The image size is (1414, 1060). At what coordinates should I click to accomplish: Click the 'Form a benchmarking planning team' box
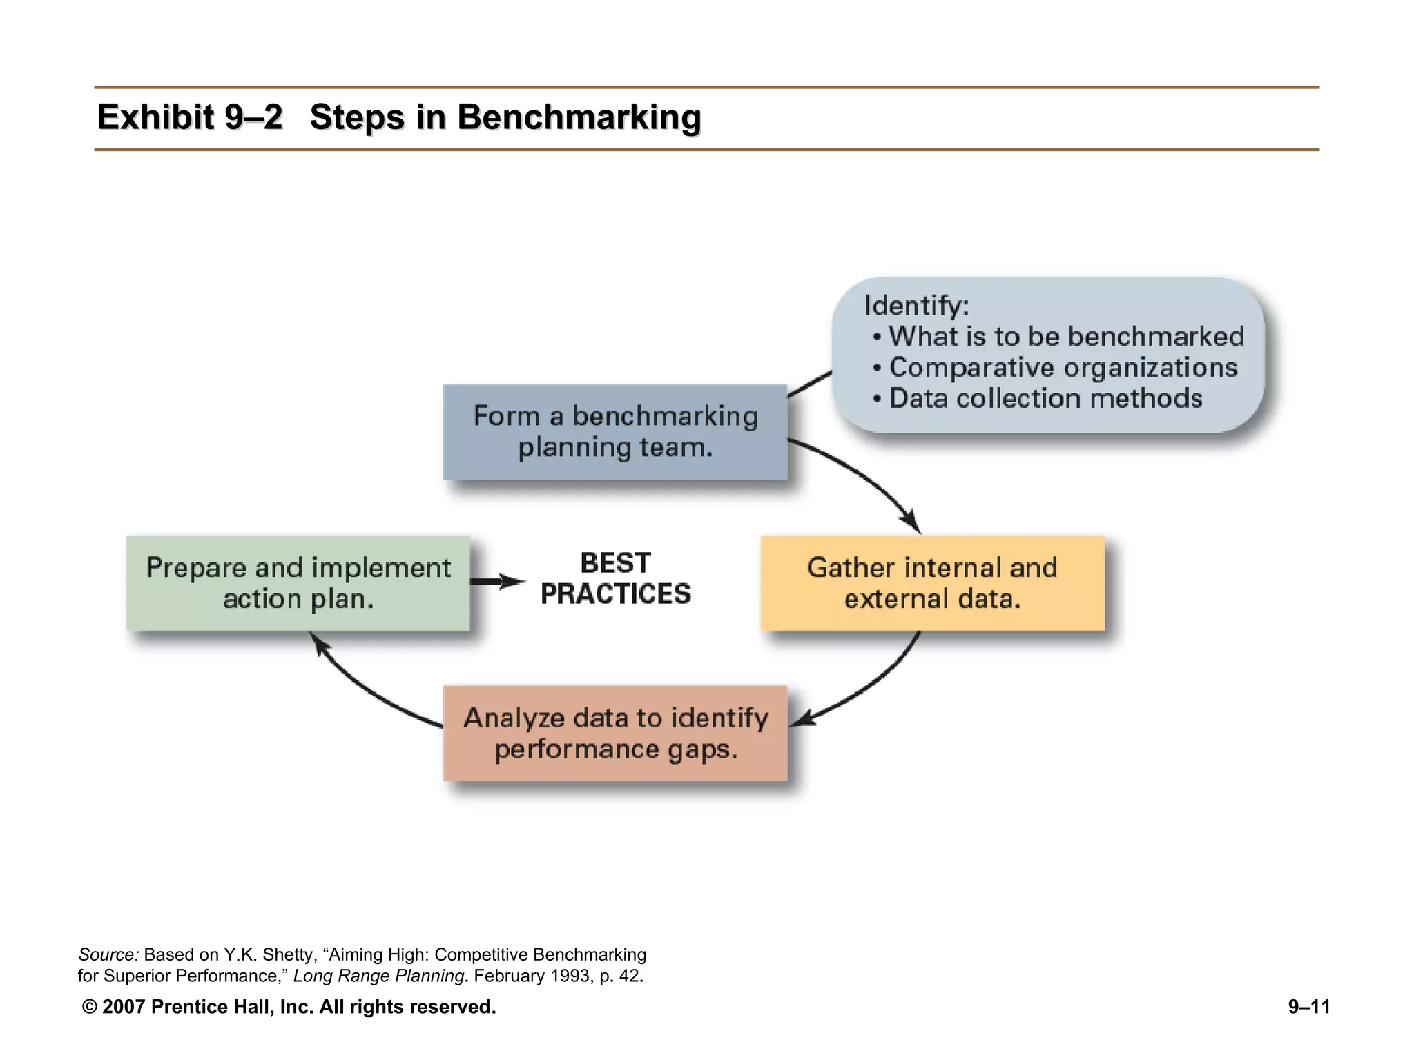tap(614, 432)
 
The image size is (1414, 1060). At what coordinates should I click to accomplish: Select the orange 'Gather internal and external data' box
tap(932, 583)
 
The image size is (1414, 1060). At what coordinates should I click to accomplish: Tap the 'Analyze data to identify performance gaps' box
tap(614, 733)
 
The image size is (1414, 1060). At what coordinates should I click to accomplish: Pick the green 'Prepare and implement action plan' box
tap(298, 583)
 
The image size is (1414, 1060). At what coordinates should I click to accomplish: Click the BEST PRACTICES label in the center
tap(615, 578)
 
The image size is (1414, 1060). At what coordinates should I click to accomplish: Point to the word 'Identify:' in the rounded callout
tap(916, 306)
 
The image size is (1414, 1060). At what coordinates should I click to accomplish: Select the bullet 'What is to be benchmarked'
tap(1065, 337)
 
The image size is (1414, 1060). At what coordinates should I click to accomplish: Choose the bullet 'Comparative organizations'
tap(1063, 368)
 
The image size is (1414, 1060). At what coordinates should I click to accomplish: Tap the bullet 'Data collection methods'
tap(1045, 399)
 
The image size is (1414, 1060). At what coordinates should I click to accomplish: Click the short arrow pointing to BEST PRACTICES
tap(497, 582)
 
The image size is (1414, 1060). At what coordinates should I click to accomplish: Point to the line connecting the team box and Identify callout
tap(809, 384)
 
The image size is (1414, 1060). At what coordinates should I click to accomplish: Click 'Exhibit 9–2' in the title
tap(189, 117)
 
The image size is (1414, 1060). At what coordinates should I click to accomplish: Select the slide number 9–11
tap(1308, 1007)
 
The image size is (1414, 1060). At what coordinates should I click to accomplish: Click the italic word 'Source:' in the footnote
tap(108, 954)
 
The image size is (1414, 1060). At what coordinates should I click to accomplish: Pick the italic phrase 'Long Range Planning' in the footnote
tap(378, 976)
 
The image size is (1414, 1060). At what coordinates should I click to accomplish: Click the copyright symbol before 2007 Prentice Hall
tap(89, 1007)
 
